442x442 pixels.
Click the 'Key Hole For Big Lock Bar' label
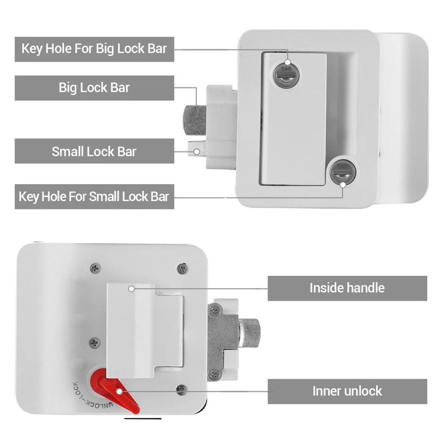click(x=94, y=48)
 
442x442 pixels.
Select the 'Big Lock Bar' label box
click(x=94, y=88)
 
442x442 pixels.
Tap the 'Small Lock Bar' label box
click(x=94, y=151)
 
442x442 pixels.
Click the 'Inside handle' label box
click(x=347, y=288)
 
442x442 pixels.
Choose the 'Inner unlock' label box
click(x=347, y=391)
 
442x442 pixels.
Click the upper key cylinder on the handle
click(x=286, y=74)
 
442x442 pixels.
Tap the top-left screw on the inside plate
click(x=95, y=267)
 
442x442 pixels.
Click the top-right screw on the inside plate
click(x=182, y=268)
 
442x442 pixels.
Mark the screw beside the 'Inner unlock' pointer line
click(x=181, y=389)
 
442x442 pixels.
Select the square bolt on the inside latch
click(x=250, y=331)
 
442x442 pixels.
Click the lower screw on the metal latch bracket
click(x=215, y=374)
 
